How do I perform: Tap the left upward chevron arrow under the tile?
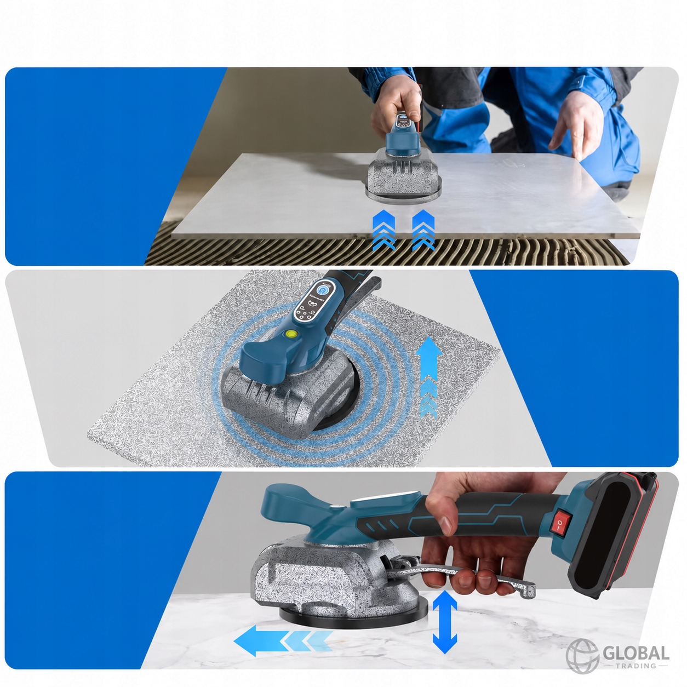383,230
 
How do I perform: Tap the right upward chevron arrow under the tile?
423,230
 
